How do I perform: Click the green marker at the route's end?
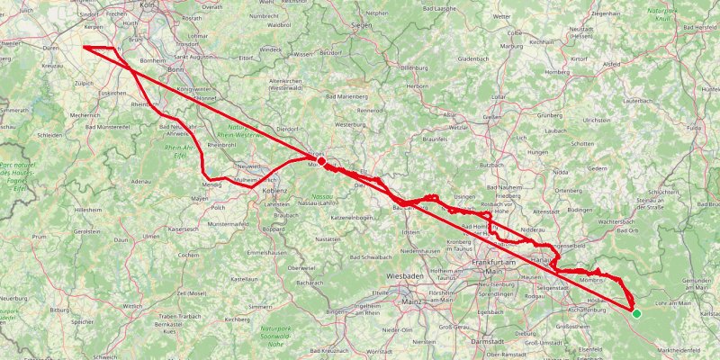[x=636, y=313]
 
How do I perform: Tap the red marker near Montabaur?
[x=321, y=163]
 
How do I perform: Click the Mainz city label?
[x=412, y=303]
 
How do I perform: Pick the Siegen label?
[x=361, y=25]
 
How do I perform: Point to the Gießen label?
[x=491, y=117]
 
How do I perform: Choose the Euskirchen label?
[x=112, y=93]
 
